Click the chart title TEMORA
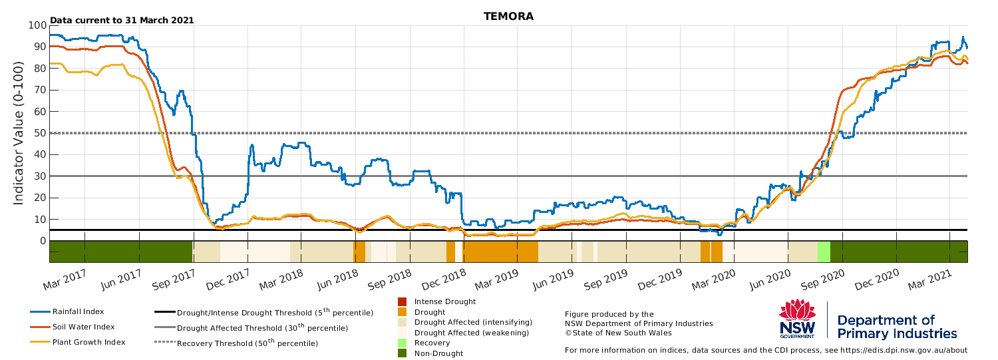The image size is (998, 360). (x=508, y=17)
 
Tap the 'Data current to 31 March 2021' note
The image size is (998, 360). (x=122, y=20)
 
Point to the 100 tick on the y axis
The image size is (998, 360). (x=37, y=25)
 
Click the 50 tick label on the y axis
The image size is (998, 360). (x=40, y=133)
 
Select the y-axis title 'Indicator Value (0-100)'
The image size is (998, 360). (x=18, y=133)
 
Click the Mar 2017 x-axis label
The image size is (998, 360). (x=65, y=280)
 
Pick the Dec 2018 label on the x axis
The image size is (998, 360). (x=444, y=279)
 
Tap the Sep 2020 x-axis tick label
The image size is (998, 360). (x=823, y=280)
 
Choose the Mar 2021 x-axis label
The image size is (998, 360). (x=931, y=280)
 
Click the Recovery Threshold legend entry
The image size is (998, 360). (x=236, y=343)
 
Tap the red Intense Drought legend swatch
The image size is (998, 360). (x=403, y=301)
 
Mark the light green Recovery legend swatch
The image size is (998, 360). (x=403, y=343)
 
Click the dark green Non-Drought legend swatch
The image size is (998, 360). (x=403, y=353)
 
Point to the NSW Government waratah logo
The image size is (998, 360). (x=798, y=319)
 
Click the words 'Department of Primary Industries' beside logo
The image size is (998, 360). (x=897, y=327)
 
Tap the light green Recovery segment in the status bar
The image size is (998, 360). (x=824, y=252)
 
